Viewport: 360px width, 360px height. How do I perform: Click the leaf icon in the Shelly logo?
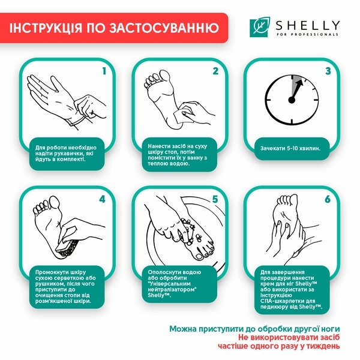[259, 26]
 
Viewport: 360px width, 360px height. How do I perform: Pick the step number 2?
[215, 71]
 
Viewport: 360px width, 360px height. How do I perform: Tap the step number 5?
[215, 199]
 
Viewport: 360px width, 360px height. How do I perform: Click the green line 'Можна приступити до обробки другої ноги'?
[255, 329]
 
